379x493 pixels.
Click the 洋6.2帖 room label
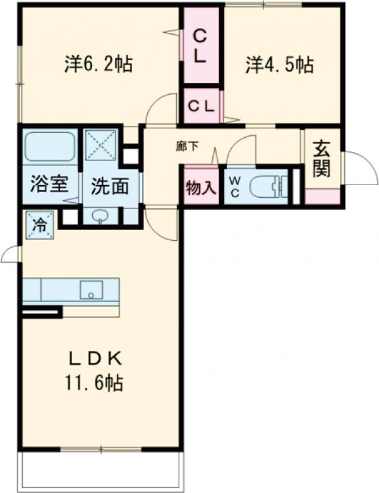click(x=98, y=64)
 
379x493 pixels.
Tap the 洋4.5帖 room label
click(x=280, y=64)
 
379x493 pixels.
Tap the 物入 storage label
click(x=202, y=188)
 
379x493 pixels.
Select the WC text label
click(x=234, y=187)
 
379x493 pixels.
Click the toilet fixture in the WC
click(x=268, y=186)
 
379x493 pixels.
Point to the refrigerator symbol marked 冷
click(x=39, y=226)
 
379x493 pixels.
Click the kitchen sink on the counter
click(x=91, y=291)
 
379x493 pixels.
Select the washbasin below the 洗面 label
click(x=101, y=216)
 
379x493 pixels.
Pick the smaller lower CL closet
click(x=202, y=105)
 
